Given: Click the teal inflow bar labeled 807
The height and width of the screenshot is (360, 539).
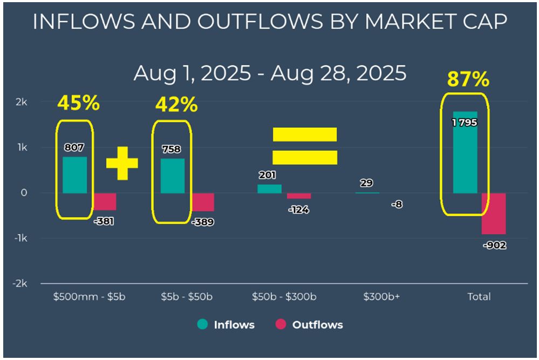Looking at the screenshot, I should (74, 175).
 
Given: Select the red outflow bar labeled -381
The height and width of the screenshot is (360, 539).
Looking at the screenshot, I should (105, 201).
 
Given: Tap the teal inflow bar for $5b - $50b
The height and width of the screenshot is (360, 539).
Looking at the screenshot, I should (172, 176).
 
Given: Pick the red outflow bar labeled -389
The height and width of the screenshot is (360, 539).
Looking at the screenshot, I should (203, 202).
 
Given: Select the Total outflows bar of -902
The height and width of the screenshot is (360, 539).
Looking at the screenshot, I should (494, 213).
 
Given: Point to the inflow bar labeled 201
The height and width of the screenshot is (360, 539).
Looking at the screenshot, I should (269, 188).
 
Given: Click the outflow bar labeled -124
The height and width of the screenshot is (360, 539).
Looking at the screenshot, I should (299, 196).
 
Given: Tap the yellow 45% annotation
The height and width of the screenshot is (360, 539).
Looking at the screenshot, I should (78, 103).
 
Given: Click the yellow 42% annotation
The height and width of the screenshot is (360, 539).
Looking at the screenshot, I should (176, 105).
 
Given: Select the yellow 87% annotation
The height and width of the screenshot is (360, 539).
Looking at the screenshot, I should (468, 79).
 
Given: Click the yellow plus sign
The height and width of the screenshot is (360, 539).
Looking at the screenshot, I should (122, 162).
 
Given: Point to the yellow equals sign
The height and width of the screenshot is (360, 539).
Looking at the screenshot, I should (304, 146).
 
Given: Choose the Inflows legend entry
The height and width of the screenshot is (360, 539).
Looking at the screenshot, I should (226, 324).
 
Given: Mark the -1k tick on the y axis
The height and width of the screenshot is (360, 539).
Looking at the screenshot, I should (20, 238).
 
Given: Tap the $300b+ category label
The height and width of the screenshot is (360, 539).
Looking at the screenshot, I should (381, 296).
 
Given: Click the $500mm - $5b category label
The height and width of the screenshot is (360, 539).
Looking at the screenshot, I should (89, 296).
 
